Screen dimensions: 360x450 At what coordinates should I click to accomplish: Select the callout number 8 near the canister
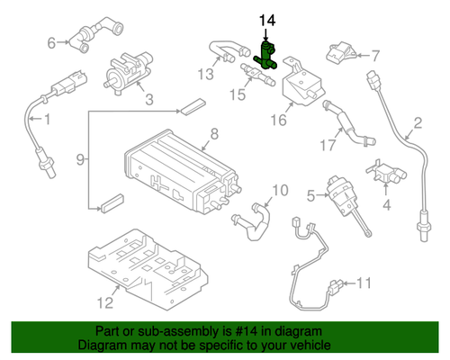(213, 136)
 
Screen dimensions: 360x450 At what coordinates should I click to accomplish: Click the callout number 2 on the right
(418, 123)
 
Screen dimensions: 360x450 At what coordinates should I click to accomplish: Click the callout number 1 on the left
(48, 119)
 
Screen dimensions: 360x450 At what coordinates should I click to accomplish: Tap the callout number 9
(80, 160)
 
